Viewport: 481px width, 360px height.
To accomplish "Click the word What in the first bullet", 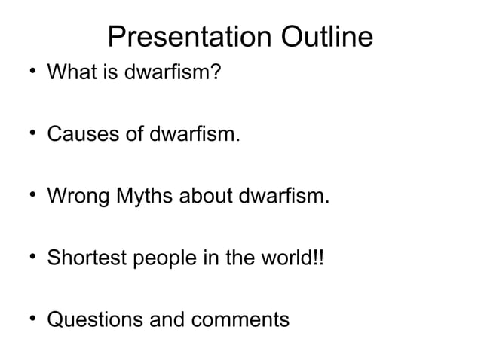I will tap(69, 75).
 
